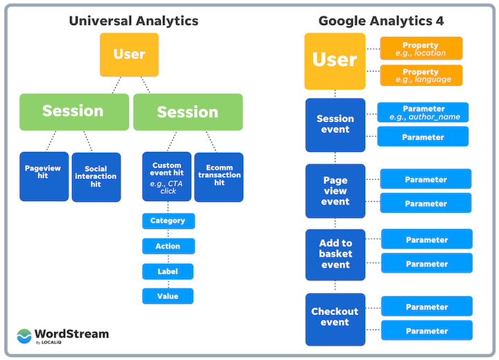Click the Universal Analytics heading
click(x=133, y=21)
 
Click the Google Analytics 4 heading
click(x=381, y=21)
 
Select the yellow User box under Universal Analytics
click(x=129, y=54)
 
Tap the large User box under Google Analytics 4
click(x=335, y=60)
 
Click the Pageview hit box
click(x=44, y=176)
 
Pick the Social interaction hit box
click(x=96, y=177)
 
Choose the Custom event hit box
click(x=166, y=176)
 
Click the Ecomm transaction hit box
click(x=218, y=176)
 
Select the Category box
click(x=168, y=221)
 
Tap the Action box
click(x=168, y=246)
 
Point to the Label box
click(x=168, y=271)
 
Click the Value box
click(x=168, y=296)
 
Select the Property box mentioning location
click(x=421, y=49)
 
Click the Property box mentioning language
click(x=421, y=75)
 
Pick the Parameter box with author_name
click(x=423, y=112)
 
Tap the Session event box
click(x=335, y=125)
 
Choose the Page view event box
click(x=335, y=191)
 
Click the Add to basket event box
click(x=335, y=254)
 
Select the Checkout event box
click(x=335, y=318)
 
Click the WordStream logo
click(x=63, y=336)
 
